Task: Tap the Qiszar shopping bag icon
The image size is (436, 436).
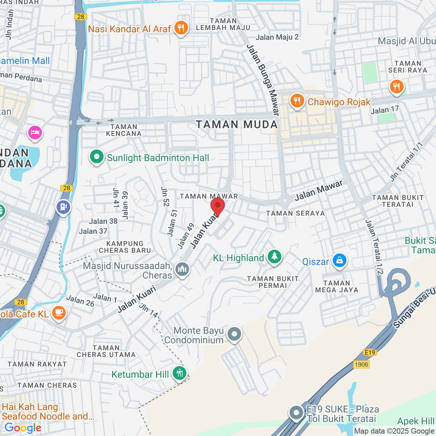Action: (x=339, y=261)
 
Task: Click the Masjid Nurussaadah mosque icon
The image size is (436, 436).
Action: (x=182, y=269)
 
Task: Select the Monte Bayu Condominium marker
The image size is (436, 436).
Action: (x=234, y=334)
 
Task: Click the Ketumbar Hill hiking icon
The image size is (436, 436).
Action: (x=180, y=374)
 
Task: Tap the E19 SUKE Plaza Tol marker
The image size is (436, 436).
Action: (x=296, y=413)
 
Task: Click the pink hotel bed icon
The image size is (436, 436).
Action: (x=35, y=133)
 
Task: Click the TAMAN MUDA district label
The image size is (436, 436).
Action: (x=237, y=125)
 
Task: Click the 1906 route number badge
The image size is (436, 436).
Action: (x=361, y=364)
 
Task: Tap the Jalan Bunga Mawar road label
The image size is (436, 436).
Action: (x=263, y=80)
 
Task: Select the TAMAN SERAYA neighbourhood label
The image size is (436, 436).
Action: (x=295, y=214)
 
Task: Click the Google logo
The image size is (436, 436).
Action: (x=23, y=428)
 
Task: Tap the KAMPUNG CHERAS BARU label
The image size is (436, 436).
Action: (x=125, y=247)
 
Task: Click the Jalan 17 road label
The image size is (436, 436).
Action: (x=385, y=110)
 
